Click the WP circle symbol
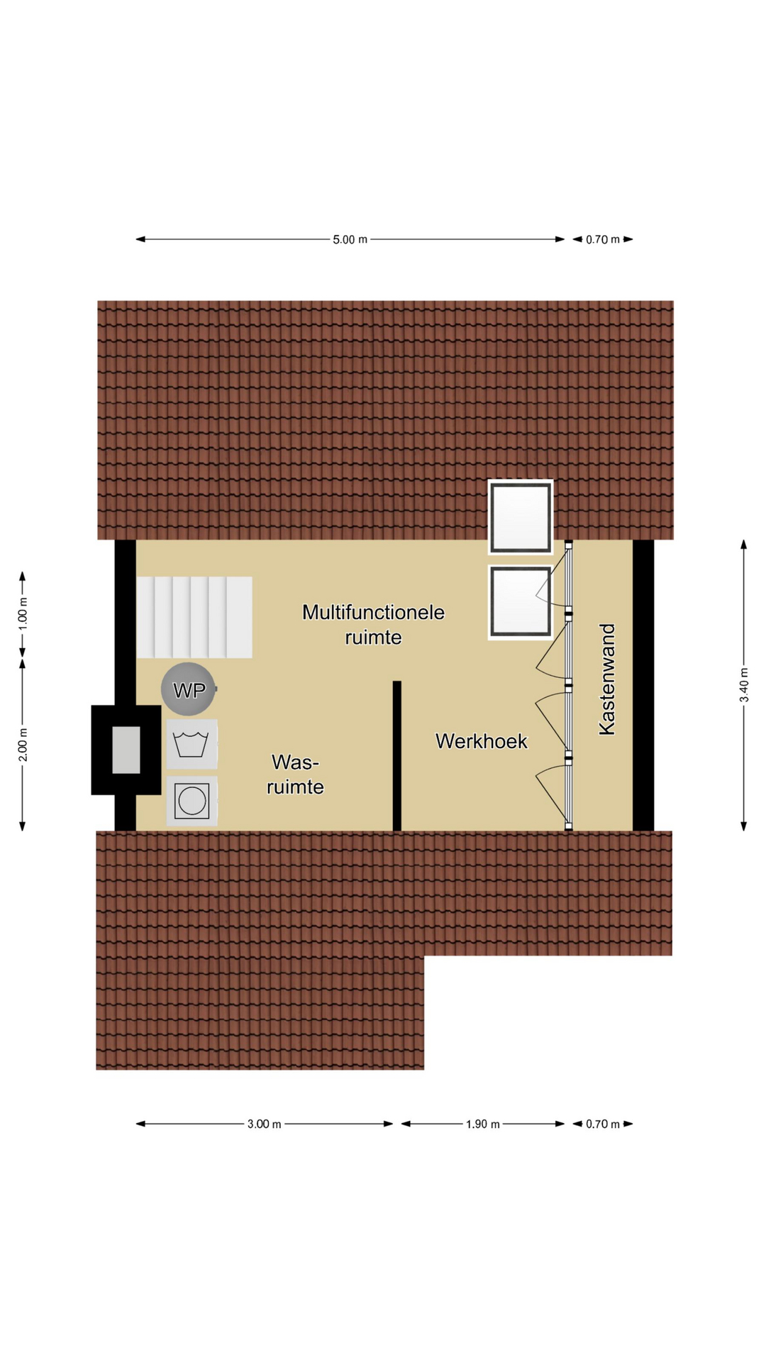(188, 689)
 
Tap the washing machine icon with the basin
(191, 744)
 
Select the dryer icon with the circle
(191, 801)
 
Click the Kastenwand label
(607, 679)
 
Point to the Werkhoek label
(482, 741)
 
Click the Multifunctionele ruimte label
(373, 625)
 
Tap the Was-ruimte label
(295, 774)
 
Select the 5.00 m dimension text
(350, 239)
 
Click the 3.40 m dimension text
(744, 685)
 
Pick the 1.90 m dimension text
(483, 1124)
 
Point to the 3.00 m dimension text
(265, 1124)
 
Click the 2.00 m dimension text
(23, 745)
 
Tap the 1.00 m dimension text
(23, 615)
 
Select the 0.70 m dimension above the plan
(603, 239)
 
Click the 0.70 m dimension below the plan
(603, 1124)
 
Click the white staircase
(194, 617)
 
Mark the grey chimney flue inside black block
(126, 750)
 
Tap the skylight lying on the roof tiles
(521, 517)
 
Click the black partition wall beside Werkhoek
(397, 755)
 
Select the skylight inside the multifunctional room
(521, 602)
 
